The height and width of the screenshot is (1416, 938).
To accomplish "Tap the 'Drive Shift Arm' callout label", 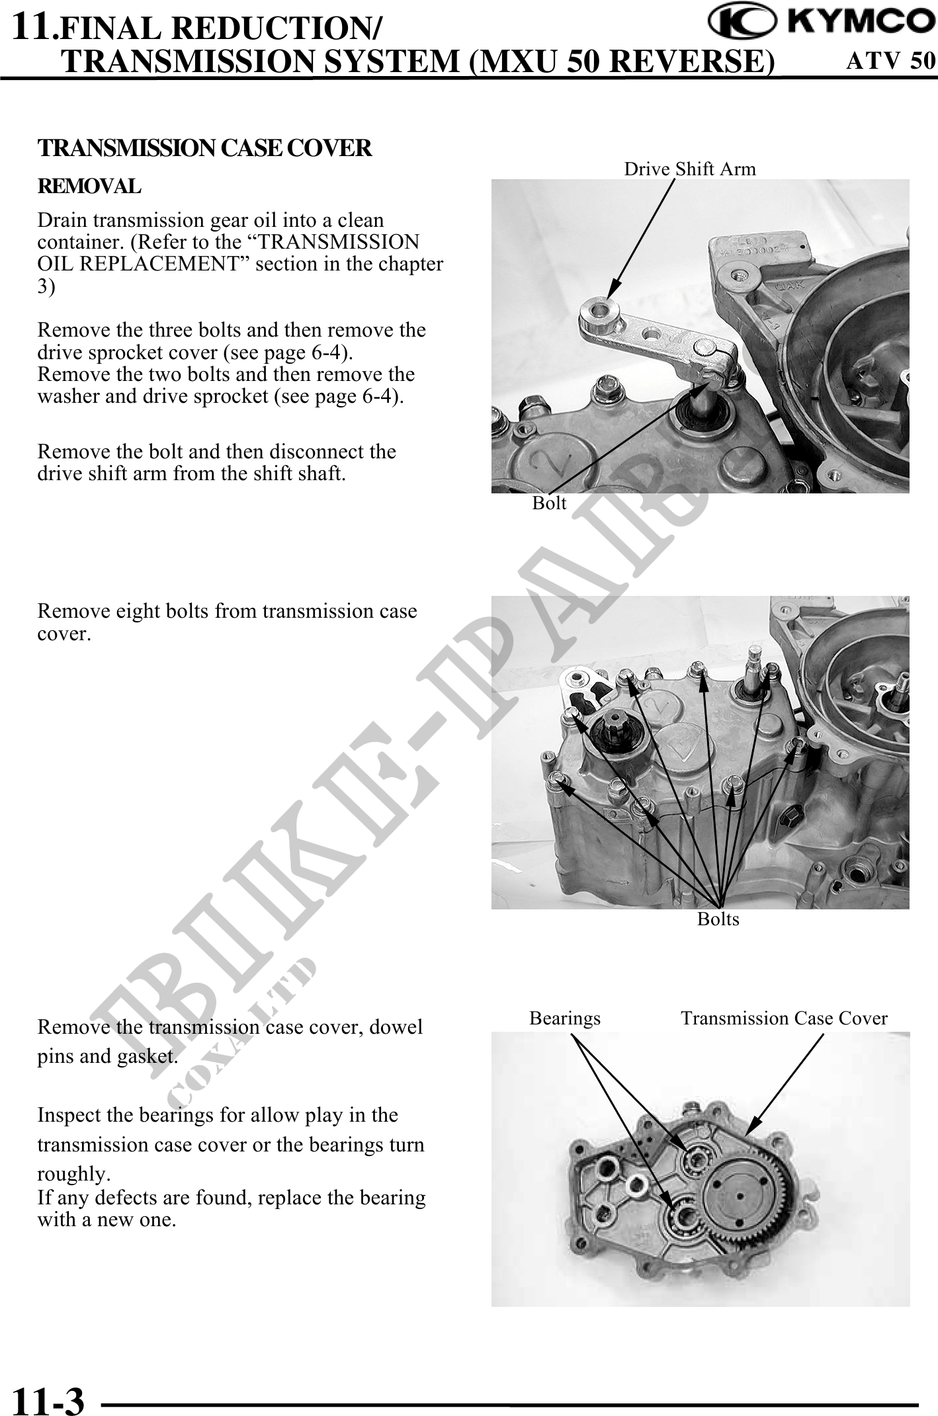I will tap(690, 169).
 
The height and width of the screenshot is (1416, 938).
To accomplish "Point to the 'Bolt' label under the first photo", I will tap(549, 503).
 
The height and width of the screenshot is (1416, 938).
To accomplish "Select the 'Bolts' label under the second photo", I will tap(718, 919).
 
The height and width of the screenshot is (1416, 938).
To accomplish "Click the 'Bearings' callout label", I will tap(565, 1018).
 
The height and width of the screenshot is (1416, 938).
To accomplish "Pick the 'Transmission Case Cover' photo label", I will tap(784, 1018).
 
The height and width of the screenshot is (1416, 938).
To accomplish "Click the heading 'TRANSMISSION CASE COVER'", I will tap(205, 148).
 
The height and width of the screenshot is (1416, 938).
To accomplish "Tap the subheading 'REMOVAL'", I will tap(89, 187).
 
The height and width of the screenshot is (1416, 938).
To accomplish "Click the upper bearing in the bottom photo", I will tap(696, 1158).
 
